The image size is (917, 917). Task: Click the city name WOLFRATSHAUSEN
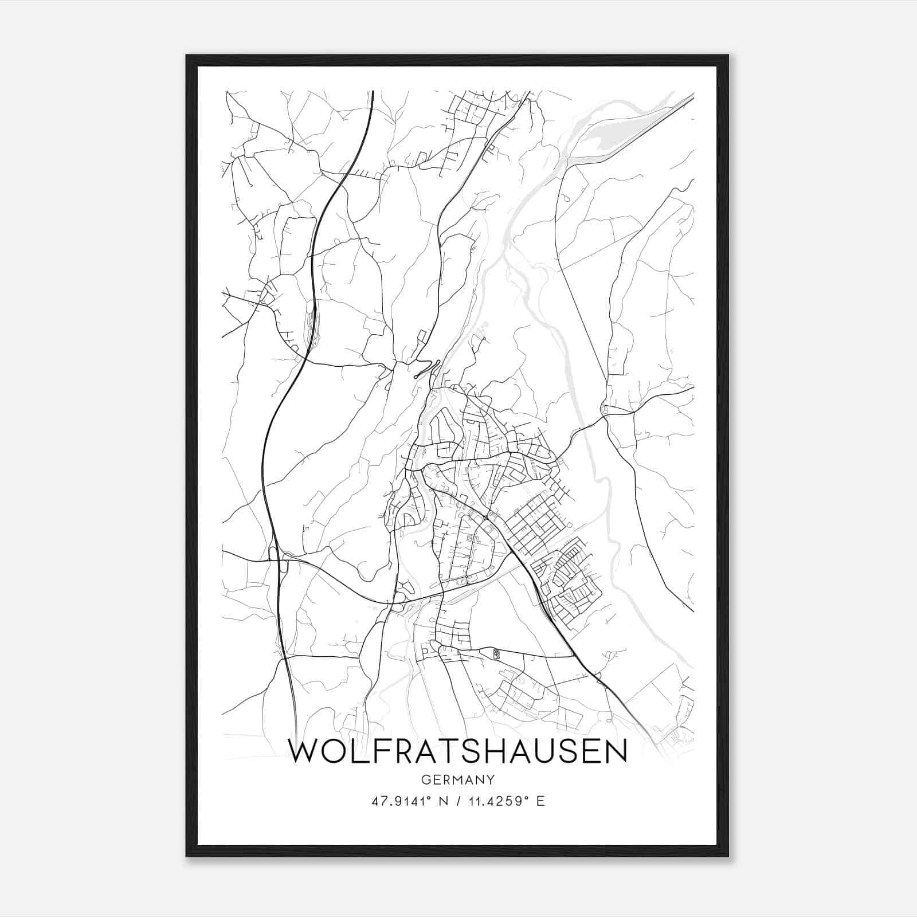458,752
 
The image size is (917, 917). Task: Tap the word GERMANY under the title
458,780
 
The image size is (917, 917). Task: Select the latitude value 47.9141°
401,801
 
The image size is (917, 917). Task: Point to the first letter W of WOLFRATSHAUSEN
304,752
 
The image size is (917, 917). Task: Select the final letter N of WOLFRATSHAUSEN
615,752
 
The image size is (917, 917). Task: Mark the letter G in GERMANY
425,780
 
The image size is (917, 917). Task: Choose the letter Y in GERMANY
491,780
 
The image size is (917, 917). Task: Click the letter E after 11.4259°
540,801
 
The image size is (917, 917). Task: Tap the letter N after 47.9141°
442,801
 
